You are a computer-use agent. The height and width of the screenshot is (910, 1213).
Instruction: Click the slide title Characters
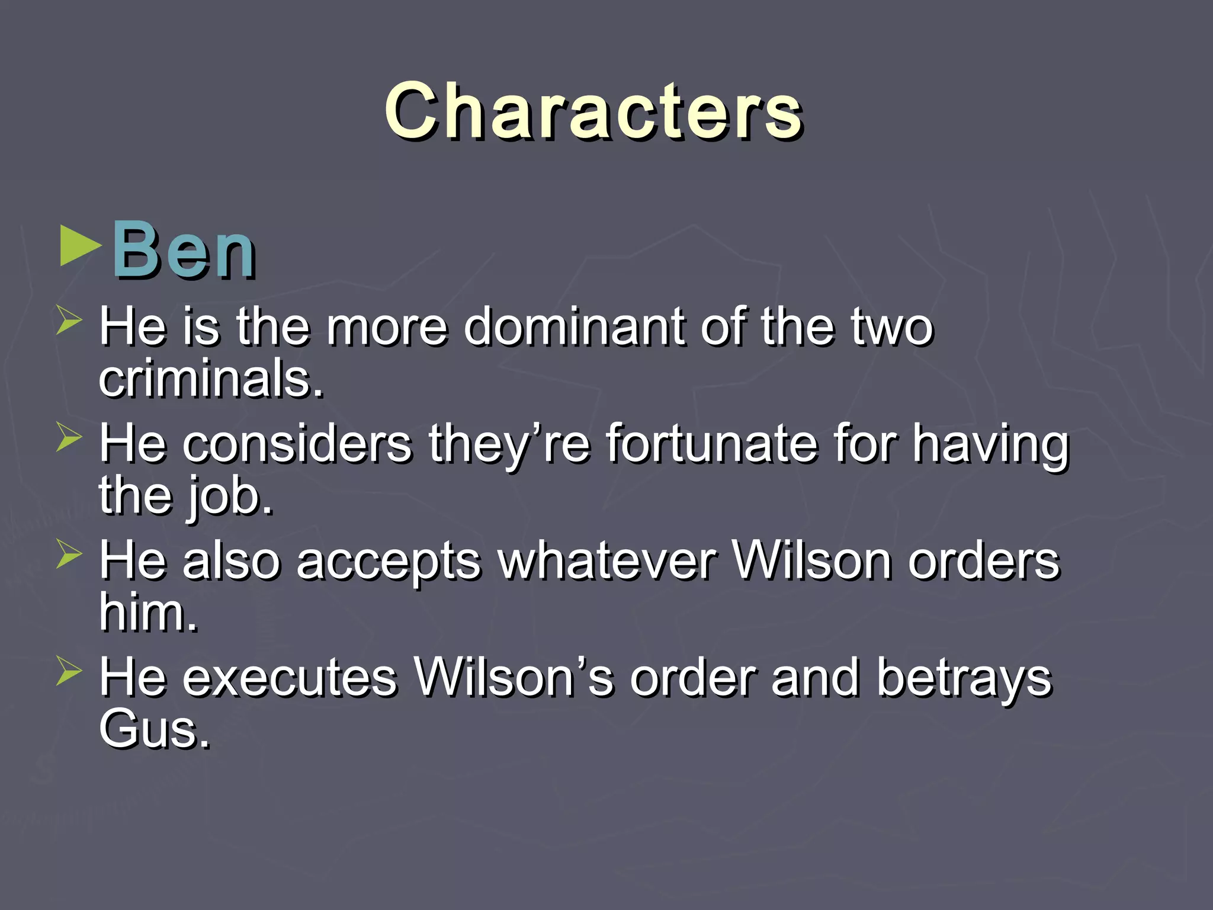[593, 111]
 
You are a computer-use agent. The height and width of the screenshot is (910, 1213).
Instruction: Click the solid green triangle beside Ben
[79, 245]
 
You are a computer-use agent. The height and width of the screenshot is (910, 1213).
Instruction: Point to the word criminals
[211, 379]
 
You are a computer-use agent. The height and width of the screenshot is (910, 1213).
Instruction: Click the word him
[148, 613]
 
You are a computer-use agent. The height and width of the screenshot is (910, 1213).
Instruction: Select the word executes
[290, 677]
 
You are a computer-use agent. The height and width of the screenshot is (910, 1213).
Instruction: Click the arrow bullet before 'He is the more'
[69, 319]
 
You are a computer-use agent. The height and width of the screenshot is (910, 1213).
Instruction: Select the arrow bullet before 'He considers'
[69, 437]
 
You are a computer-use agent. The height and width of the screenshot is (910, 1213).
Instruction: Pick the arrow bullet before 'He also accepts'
[69, 553]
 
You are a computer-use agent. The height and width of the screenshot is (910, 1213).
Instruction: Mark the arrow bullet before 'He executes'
[69, 671]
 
